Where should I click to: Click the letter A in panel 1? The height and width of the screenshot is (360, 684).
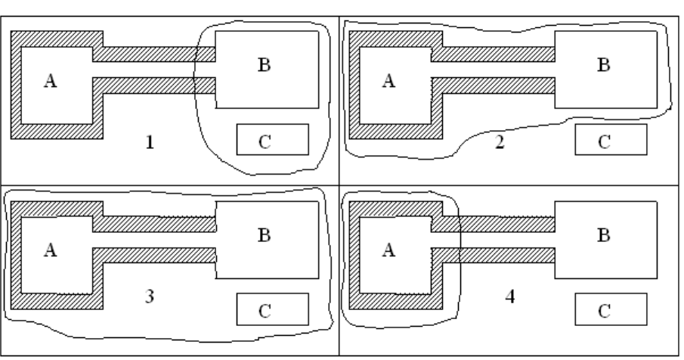tap(51, 81)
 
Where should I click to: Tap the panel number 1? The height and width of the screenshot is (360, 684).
tap(150, 142)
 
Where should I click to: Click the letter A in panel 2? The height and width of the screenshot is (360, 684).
tap(389, 81)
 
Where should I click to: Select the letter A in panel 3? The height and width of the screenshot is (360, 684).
tap(51, 249)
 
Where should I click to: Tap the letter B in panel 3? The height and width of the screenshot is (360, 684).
tap(265, 235)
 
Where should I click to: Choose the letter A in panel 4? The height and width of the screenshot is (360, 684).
tap(389, 249)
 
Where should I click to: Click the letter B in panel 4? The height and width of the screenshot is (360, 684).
tap(603, 235)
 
